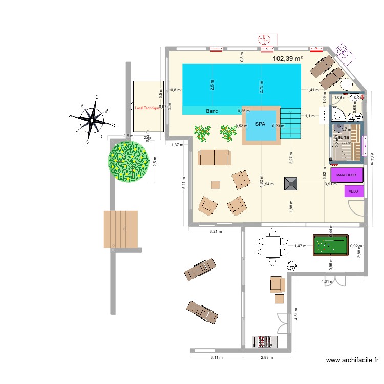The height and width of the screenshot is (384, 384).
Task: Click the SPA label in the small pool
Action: [261, 124]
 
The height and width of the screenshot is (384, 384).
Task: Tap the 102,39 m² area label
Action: [287, 59]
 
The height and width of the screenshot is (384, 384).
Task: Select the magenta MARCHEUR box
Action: [347, 175]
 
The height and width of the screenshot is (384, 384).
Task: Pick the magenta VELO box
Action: [353, 191]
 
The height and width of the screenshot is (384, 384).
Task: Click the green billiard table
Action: [331, 246]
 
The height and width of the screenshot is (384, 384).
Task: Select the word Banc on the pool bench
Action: [212, 111]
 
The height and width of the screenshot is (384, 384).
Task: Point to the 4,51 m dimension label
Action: [296, 313]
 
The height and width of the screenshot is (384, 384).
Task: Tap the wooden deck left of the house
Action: [121, 228]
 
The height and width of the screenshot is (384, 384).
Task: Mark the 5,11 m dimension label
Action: [184, 182]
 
